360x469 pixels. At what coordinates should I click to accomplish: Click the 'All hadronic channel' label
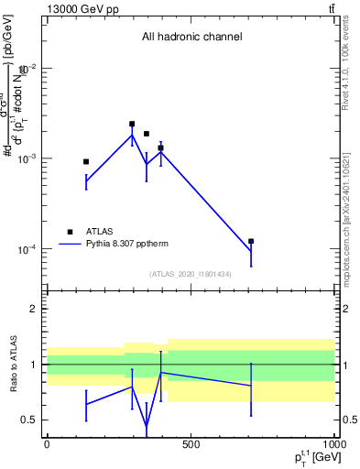click(x=191, y=38)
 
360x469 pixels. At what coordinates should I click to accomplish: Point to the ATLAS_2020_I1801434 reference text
click(x=191, y=274)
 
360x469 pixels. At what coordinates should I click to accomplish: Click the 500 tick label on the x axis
click(x=191, y=444)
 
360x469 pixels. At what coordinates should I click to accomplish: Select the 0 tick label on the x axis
click(x=46, y=444)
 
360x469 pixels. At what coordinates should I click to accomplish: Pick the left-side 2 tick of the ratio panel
click(x=35, y=310)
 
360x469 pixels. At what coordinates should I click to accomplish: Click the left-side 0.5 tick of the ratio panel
click(x=30, y=420)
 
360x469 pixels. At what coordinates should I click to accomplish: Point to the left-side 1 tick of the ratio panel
click(x=35, y=365)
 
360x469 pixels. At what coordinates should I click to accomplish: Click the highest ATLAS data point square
click(x=132, y=124)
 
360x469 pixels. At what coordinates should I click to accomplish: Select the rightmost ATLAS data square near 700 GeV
click(x=251, y=241)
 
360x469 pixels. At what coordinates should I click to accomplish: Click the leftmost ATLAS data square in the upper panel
click(x=86, y=161)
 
